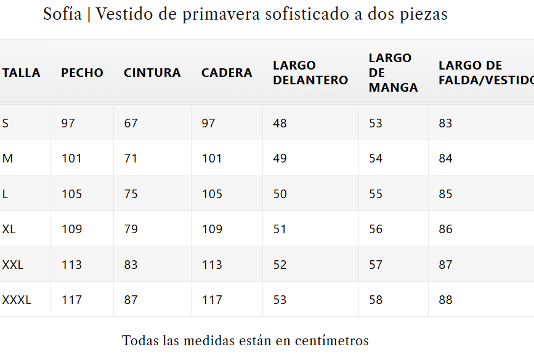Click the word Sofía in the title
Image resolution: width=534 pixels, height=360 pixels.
pos(62,14)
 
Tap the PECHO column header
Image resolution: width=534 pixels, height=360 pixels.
pos(82,73)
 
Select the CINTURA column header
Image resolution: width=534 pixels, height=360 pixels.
pos(152,73)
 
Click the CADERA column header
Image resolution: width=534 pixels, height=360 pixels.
pos(227,73)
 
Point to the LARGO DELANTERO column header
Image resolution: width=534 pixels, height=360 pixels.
pos(310,73)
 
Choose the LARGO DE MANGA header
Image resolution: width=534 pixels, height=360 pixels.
pos(394,73)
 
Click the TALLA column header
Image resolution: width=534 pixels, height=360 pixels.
pos(22,73)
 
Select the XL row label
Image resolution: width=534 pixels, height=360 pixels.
pos(9,229)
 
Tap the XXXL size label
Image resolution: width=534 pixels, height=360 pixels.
pos(17,300)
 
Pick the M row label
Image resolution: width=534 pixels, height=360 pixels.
pos(7,158)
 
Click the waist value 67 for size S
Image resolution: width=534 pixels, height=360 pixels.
pos(131,123)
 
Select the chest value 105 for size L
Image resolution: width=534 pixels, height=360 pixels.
pos(72,194)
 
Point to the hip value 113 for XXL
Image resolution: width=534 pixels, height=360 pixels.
pos(212,265)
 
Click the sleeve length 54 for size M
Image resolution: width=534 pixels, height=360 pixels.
pos(376,158)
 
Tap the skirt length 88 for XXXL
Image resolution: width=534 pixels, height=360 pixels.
pos(445,300)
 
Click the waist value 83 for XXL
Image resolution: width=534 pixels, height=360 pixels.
pos(131,265)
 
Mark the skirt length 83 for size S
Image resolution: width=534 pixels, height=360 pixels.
pos(445,123)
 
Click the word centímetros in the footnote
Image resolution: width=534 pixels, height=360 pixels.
pos(332,340)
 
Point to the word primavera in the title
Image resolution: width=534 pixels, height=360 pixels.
pos(221,15)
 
